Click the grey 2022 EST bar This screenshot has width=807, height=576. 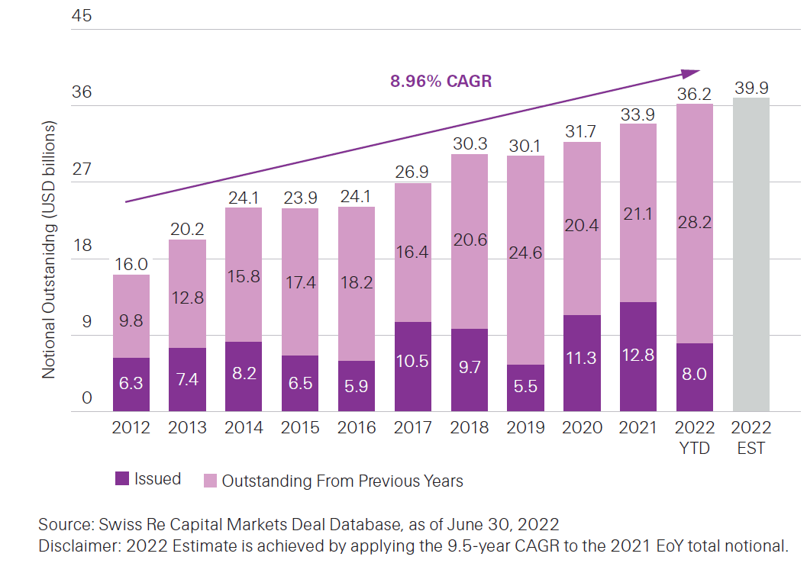click(751, 254)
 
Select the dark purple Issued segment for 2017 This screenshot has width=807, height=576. click(412, 367)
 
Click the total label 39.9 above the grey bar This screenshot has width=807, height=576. click(751, 88)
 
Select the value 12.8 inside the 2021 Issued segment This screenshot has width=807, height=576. click(638, 356)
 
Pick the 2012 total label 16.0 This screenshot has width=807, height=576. click(131, 264)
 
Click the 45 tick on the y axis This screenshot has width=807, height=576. click(81, 15)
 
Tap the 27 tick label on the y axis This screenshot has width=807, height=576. click(81, 169)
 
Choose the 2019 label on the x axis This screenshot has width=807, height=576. click(525, 427)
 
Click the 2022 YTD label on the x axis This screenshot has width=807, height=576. click(694, 436)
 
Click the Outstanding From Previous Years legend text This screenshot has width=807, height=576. click(342, 481)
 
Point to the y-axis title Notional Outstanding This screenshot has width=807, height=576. click(49, 248)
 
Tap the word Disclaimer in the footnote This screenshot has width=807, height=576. click(76, 546)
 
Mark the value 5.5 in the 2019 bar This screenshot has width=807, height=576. click(525, 386)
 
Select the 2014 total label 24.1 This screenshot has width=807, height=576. click(244, 197)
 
